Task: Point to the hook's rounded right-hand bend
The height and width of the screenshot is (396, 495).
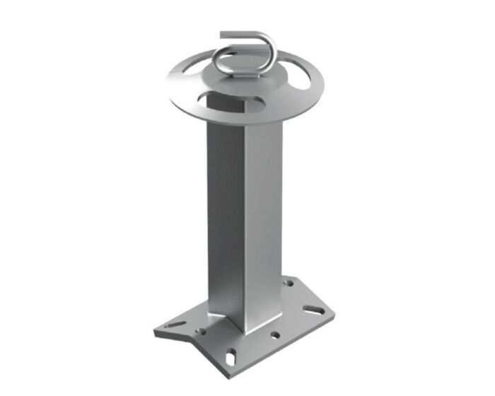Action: point(262,49)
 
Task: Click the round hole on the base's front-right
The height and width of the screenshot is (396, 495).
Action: point(274,334)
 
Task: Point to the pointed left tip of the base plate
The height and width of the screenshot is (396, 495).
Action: point(154,331)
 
